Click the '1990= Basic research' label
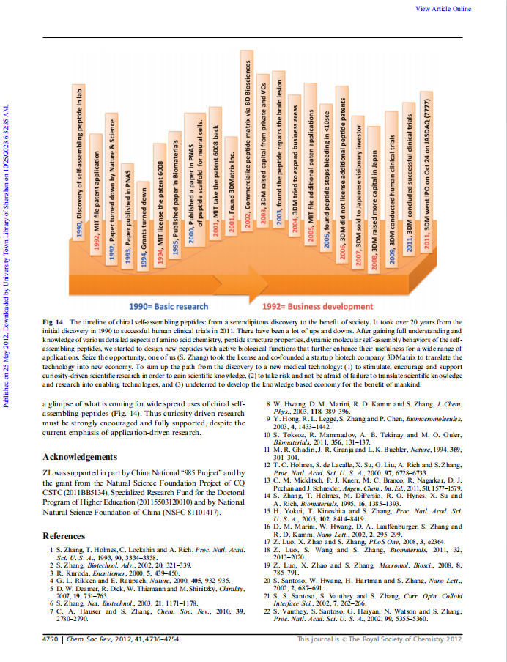(169, 306)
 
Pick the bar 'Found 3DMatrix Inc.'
(232, 190)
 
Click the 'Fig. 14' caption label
(54, 321)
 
